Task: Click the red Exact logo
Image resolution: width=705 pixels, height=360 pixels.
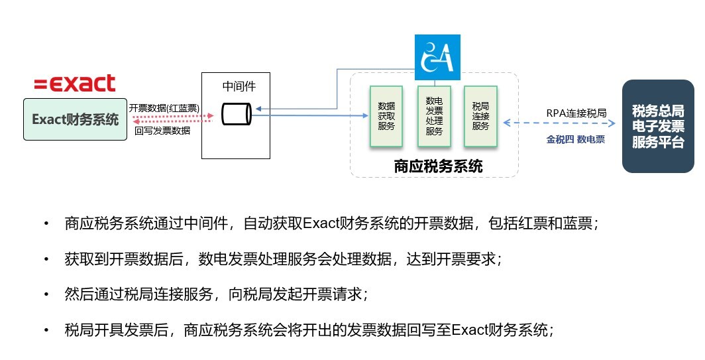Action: tap(75, 84)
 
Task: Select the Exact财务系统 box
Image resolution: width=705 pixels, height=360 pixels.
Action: tap(76, 120)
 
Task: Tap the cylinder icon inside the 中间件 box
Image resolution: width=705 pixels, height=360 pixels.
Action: tap(236, 114)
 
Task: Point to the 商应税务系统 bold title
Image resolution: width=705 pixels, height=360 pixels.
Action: tap(438, 166)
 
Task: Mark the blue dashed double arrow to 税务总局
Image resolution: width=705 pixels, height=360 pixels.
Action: tap(563, 123)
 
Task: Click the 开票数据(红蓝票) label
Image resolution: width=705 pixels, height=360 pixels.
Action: tap(164, 107)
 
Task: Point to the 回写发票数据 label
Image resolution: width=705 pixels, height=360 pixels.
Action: tap(162, 131)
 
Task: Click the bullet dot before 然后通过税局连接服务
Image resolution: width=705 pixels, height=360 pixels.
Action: tap(46, 294)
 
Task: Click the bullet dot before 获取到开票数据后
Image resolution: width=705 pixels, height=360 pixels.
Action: tap(46, 259)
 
